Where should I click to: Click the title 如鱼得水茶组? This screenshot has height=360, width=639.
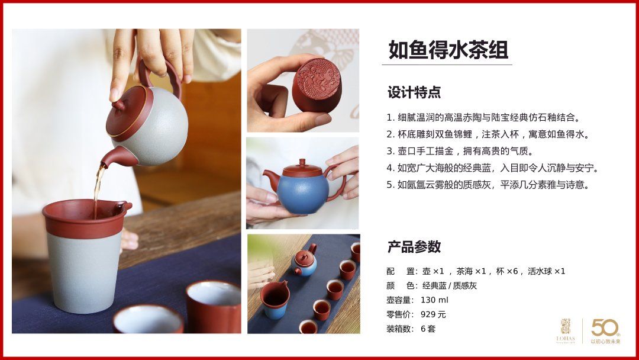tap(448, 50)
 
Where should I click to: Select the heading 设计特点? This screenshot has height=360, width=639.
tap(414, 92)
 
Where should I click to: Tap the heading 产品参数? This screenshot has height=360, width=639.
tap(414, 247)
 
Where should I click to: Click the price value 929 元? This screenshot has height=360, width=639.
tap(433, 314)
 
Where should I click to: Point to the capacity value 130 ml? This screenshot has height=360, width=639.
tap(434, 300)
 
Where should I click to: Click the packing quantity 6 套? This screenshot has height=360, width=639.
tap(428, 329)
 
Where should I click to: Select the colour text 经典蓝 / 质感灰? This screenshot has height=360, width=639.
tap(449, 286)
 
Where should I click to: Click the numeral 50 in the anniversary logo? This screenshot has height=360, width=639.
tap(605, 328)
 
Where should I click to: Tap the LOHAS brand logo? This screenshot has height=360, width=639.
tap(566, 331)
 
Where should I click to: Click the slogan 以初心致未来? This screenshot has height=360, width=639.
tap(606, 342)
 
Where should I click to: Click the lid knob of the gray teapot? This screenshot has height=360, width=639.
tap(118, 105)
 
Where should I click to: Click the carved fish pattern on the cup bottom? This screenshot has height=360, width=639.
tap(318, 78)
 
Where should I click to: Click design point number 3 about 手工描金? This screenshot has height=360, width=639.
tap(460, 151)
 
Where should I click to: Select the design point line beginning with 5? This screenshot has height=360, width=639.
tap(488, 185)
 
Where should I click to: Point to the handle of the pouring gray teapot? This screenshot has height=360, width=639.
tap(171, 75)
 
